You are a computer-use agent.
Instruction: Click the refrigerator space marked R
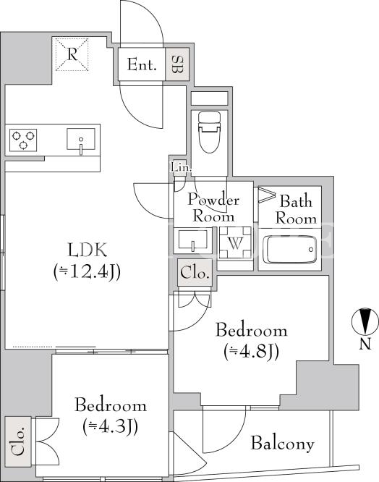(x=72, y=54)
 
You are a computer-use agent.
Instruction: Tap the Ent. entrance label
(x=142, y=64)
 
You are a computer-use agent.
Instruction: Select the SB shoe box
(x=177, y=64)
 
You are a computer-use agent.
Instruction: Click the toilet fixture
(x=210, y=132)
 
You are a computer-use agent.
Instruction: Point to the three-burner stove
(x=23, y=140)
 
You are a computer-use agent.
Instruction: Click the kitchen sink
(x=81, y=139)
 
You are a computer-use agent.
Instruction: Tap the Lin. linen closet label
(x=181, y=168)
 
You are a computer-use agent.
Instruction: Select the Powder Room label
(x=213, y=208)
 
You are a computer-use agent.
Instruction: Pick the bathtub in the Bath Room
(x=290, y=250)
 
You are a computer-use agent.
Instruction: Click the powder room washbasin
(x=193, y=241)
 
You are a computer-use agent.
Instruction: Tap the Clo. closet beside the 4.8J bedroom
(x=195, y=273)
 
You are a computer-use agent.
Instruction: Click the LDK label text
(x=88, y=250)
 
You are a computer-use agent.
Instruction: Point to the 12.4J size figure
(x=87, y=272)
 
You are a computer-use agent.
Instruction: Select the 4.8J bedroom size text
(x=252, y=352)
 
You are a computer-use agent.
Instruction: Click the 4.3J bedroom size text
(x=110, y=426)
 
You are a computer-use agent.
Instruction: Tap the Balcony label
(x=283, y=443)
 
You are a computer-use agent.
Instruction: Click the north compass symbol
(x=365, y=321)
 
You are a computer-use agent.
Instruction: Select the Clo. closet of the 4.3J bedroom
(x=18, y=441)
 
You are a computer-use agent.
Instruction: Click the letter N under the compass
(x=365, y=343)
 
